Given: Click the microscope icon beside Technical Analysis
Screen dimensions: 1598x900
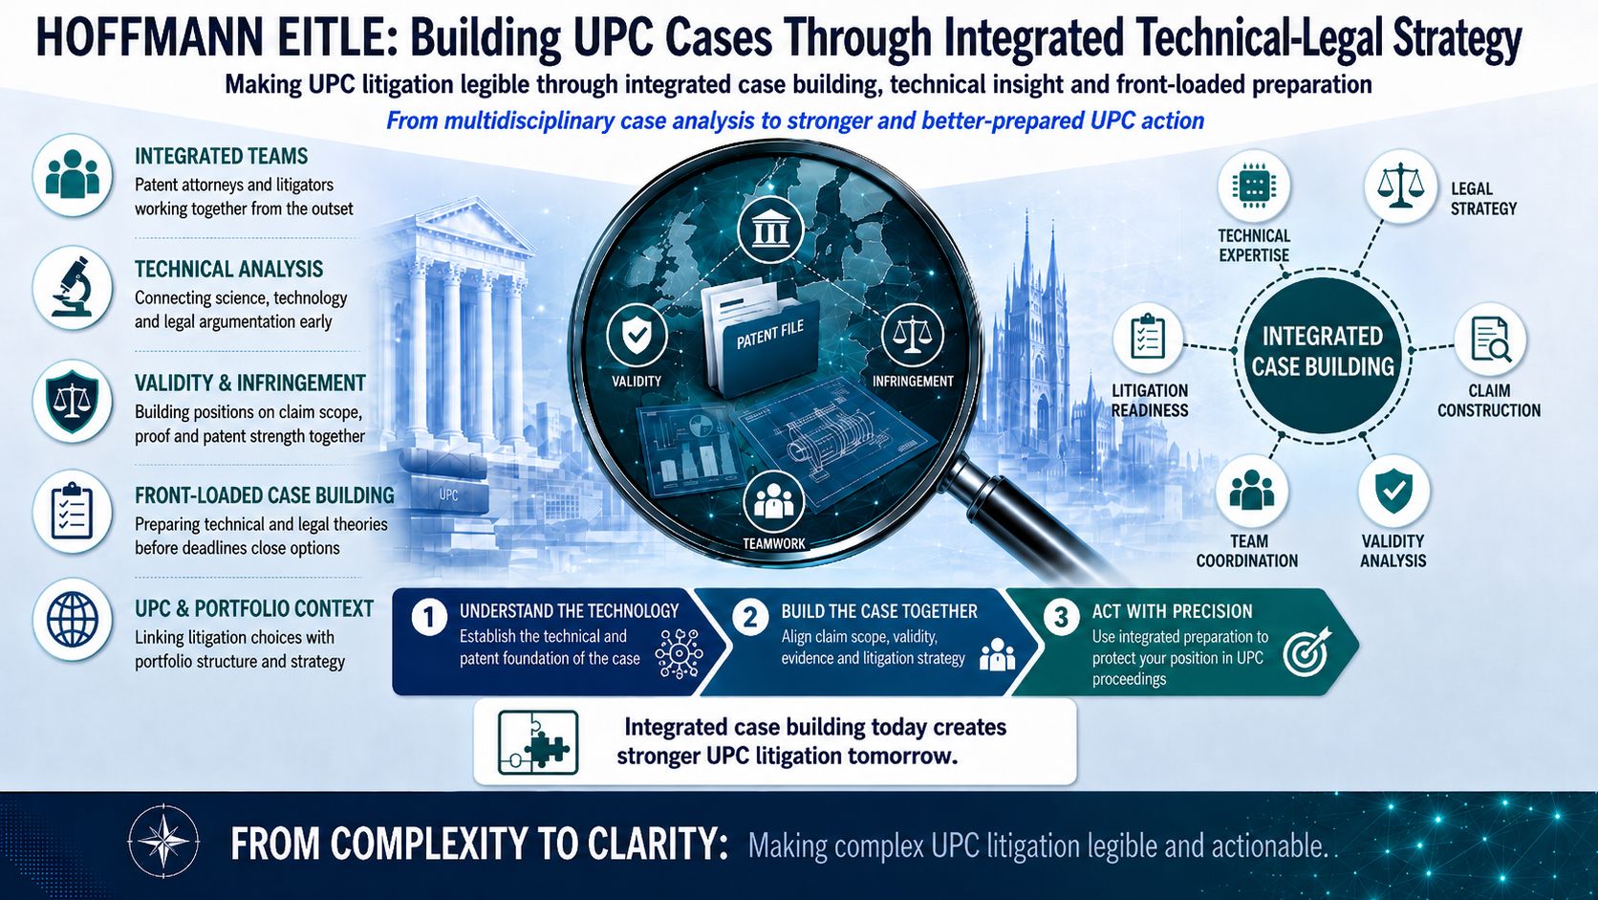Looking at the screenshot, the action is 72,288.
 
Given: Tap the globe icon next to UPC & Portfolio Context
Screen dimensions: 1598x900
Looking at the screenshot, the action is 72,619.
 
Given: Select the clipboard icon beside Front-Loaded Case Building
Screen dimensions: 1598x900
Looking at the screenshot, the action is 72,512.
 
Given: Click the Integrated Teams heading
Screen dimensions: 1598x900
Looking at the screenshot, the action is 221,156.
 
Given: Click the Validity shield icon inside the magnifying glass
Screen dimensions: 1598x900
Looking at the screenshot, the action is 637,335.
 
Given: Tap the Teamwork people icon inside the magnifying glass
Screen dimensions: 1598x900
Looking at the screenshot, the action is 773,501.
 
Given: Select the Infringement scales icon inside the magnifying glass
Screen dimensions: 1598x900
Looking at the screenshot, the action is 913,335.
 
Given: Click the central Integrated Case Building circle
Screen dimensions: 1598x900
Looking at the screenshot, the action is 1323,354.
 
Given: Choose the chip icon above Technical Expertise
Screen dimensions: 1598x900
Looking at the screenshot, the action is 1253,187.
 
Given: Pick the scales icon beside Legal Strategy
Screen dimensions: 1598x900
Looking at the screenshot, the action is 1399,186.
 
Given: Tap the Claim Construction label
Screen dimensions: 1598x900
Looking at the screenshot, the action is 1489,401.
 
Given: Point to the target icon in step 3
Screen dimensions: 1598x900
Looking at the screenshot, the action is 1306,651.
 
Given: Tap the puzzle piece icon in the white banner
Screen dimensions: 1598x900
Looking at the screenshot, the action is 538,742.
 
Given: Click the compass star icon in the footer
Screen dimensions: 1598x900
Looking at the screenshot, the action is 163,841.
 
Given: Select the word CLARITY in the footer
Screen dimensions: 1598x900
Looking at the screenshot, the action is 657,844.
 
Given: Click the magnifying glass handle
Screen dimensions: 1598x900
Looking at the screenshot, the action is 1027,517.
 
